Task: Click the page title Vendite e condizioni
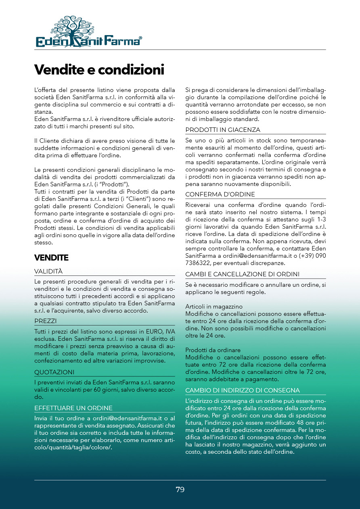coord(99,69)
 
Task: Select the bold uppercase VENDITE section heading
coord(51,257)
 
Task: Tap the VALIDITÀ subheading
coord(48,271)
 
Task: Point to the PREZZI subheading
coord(46,321)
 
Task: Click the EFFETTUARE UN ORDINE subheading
coord(73,408)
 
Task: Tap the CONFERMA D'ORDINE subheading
coord(220,194)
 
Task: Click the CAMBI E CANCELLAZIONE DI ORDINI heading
coord(242,274)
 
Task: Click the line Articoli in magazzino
coord(214,307)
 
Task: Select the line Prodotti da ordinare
coord(213,350)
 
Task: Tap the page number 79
coord(180,490)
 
